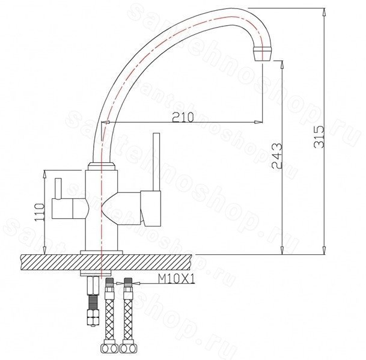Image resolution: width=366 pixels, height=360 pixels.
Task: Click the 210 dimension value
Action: [183, 117]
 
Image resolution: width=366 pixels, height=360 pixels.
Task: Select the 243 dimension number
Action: [277, 156]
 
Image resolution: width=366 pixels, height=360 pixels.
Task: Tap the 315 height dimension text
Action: [319, 137]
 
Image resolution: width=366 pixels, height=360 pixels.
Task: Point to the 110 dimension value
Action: [39, 212]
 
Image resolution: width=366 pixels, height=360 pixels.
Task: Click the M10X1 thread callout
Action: [177, 278]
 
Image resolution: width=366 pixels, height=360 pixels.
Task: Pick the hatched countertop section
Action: [106, 263]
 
